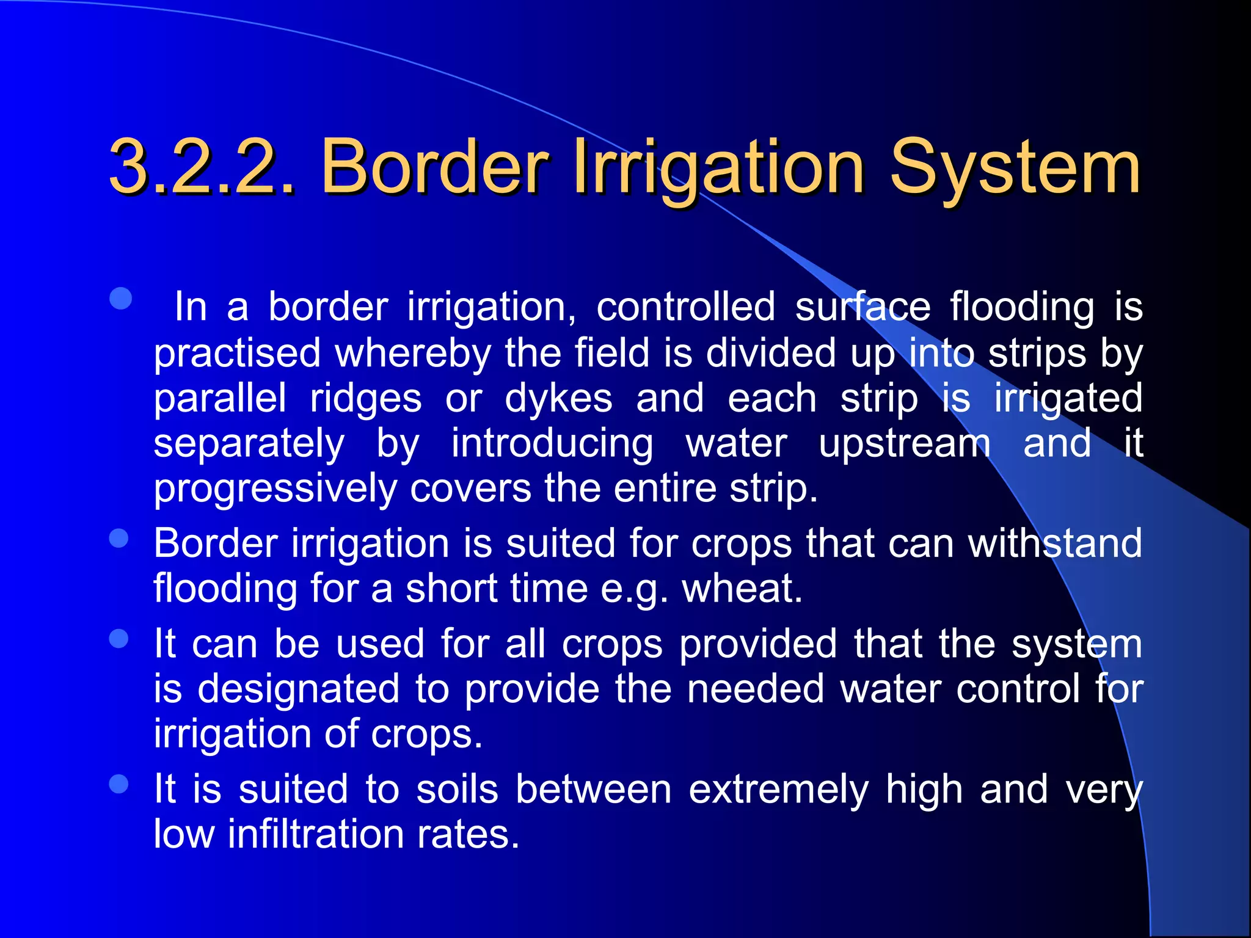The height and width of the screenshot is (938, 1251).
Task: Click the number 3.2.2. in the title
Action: click(x=202, y=167)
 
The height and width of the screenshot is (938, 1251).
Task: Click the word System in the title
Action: click(x=1015, y=167)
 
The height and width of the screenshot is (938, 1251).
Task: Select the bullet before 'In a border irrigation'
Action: click(x=121, y=299)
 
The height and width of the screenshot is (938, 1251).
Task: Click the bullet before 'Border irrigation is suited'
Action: click(x=119, y=539)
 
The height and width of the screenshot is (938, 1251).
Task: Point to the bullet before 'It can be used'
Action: click(x=119, y=639)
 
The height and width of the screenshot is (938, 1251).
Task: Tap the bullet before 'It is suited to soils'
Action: click(x=119, y=783)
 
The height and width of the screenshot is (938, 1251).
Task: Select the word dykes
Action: click(x=558, y=399)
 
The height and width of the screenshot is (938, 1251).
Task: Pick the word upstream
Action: click(x=905, y=444)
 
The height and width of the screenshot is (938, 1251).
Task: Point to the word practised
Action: click(x=237, y=354)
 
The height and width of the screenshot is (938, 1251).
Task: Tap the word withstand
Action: click(x=1055, y=543)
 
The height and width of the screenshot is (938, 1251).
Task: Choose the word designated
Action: click(x=299, y=688)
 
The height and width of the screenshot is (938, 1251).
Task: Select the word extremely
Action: click(x=778, y=790)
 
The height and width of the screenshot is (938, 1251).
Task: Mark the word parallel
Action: click(x=220, y=399)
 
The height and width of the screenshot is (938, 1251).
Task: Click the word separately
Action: click(x=249, y=444)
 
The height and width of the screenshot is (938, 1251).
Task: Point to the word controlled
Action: click(x=685, y=306)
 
